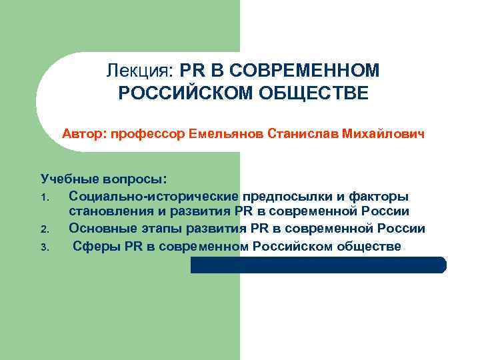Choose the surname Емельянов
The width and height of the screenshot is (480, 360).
[225, 133]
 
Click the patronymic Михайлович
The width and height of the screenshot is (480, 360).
[383, 133]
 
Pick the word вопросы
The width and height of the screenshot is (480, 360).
[136, 180]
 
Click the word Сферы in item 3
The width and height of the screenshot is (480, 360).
[93, 245]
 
